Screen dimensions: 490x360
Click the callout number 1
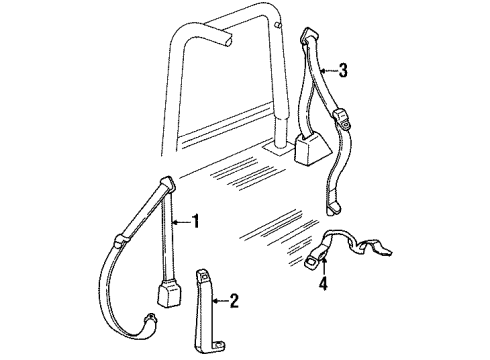[x=196, y=221]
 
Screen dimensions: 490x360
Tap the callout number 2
[x=235, y=298]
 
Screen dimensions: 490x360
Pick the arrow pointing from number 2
[x=220, y=298]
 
